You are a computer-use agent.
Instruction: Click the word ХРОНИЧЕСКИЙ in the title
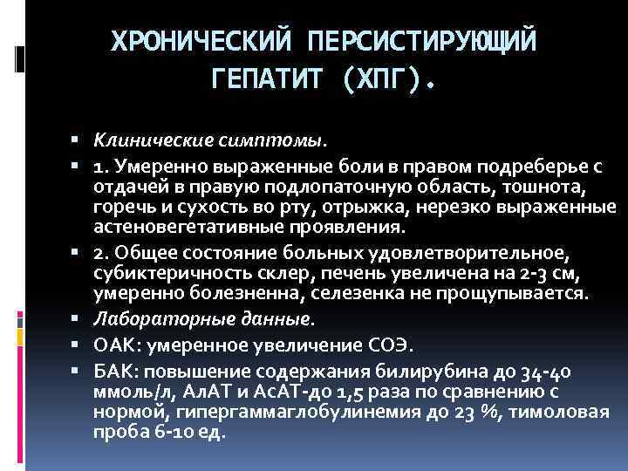click(202, 41)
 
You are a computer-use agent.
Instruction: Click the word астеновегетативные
click(179, 229)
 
